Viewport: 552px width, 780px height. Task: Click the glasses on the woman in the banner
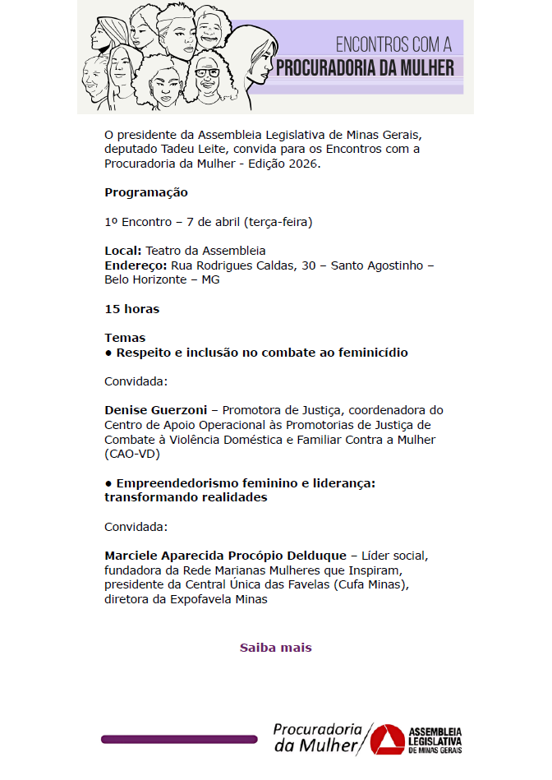tap(209, 72)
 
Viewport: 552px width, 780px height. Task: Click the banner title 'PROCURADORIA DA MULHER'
tap(365, 67)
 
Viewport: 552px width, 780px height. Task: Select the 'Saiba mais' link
tap(275, 648)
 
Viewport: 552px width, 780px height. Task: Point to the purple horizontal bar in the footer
tap(179, 740)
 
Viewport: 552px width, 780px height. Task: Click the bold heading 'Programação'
tap(146, 192)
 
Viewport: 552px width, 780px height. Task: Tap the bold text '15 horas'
tap(131, 309)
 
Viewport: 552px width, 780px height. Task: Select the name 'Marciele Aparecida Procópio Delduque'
tap(226, 555)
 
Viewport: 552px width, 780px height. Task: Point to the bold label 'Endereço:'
tap(136, 265)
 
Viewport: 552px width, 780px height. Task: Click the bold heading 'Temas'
tap(125, 338)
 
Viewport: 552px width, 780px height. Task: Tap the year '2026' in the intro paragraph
tap(306, 164)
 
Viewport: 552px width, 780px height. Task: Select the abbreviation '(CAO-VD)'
tap(131, 454)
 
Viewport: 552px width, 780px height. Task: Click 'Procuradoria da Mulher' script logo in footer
tap(319, 737)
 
